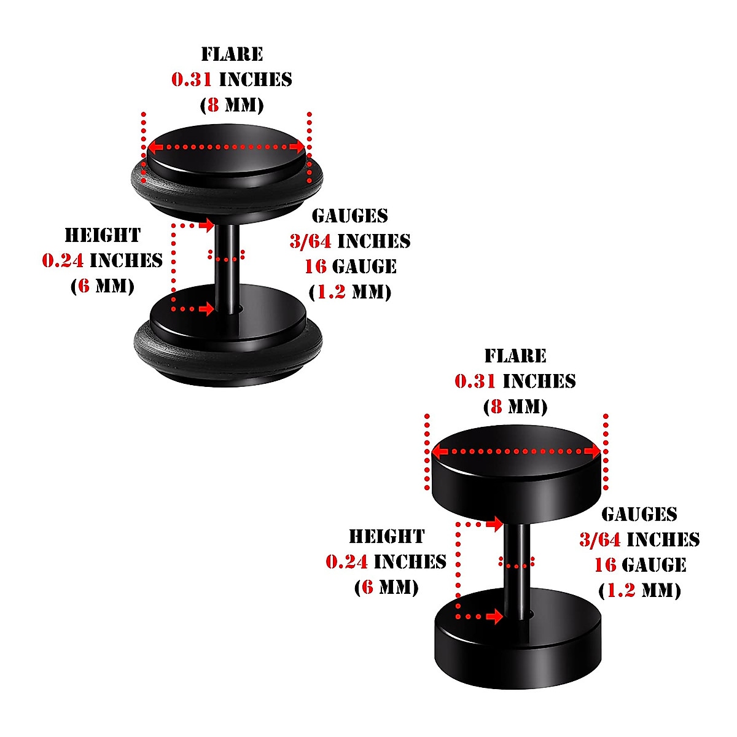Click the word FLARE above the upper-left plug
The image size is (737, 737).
(x=232, y=54)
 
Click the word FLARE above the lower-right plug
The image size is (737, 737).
(x=515, y=356)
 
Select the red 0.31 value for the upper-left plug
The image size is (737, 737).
(x=192, y=79)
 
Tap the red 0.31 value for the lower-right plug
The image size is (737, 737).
(x=475, y=381)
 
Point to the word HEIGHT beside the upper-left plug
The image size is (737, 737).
(x=103, y=235)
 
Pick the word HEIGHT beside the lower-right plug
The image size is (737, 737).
(x=386, y=536)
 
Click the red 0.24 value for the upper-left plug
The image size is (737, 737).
(x=63, y=260)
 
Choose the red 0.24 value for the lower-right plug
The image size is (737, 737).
(x=346, y=561)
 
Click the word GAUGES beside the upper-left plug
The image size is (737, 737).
(x=350, y=216)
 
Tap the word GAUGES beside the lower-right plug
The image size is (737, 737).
(x=639, y=514)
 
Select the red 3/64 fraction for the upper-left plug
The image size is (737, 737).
(x=310, y=241)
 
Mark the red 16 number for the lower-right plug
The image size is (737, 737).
(x=605, y=564)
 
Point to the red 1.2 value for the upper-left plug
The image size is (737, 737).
(x=332, y=292)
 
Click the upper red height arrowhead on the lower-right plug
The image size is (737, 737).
(x=495, y=524)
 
